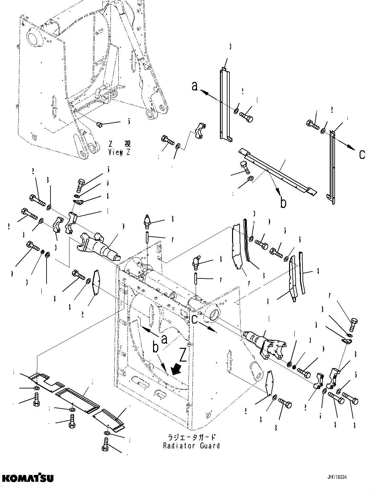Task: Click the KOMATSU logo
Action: (x=27, y=478)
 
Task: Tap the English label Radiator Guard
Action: (x=191, y=445)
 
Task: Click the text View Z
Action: (x=119, y=152)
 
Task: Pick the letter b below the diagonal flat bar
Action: (x=283, y=203)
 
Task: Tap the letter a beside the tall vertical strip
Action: (x=195, y=86)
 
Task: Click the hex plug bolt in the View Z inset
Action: (x=101, y=124)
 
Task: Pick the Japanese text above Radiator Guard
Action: (x=191, y=438)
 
